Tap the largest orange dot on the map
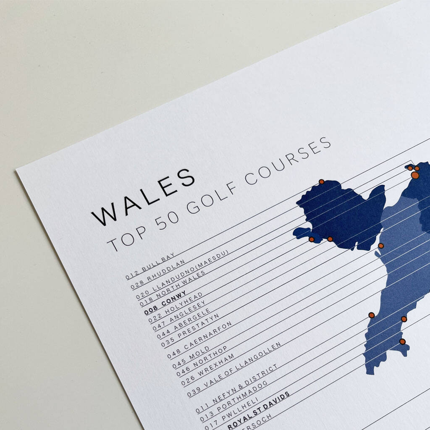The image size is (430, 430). [415, 175]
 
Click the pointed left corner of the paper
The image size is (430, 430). [16, 170]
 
